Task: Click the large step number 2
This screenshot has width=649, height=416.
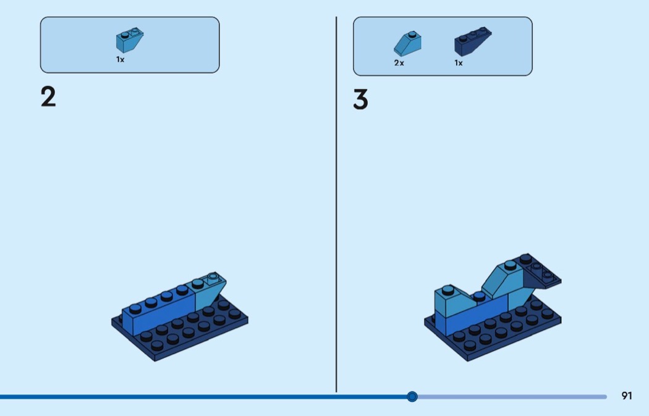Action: [48, 97]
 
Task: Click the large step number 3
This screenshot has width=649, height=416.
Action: [360, 100]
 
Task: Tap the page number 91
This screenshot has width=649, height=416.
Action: [627, 396]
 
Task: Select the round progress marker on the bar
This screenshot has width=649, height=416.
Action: [412, 396]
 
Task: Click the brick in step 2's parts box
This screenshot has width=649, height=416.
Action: [129, 41]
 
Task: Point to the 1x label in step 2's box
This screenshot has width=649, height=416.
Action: [121, 60]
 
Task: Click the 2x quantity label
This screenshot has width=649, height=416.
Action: [399, 63]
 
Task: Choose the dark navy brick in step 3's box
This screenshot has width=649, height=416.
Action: [472, 43]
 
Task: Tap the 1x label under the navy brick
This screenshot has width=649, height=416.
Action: [459, 63]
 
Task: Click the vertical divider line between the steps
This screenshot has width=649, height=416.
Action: [336, 204]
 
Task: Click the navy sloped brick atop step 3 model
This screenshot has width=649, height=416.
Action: [540, 273]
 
